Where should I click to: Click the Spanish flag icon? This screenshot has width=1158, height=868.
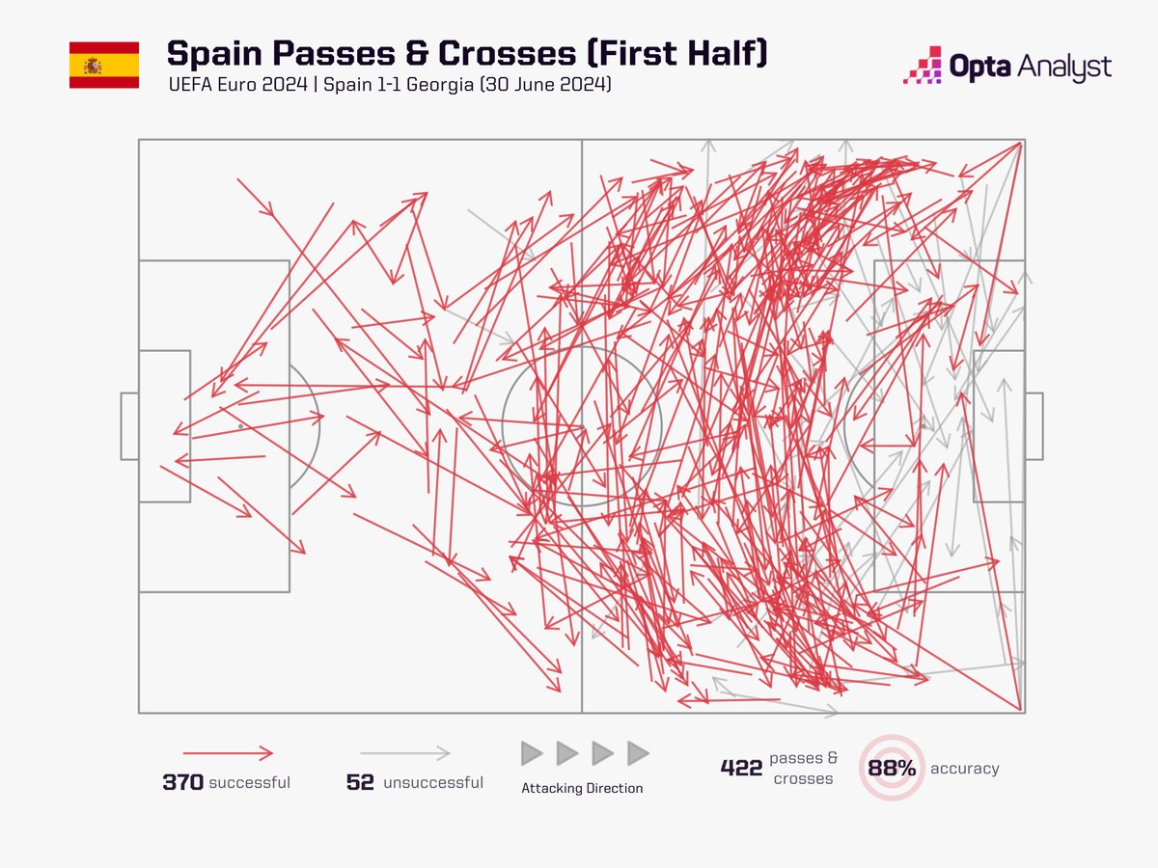tap(103, 66)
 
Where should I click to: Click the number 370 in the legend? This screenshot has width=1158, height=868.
tap(182, 782)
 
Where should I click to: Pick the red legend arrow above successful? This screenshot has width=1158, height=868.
tap(228, 753)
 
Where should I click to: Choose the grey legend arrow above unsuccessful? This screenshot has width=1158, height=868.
tap(405, 753)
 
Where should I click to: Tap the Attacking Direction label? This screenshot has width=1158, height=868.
tap(582, 788)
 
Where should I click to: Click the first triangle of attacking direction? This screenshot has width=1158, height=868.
tap(531, 753)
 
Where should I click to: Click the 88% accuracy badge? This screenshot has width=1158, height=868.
tap(892, 769)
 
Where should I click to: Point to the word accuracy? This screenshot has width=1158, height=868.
tap(964, 769)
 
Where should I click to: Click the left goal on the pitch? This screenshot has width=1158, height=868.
tap(129, 425)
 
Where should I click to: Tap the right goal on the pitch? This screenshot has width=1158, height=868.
tap(1034, 425)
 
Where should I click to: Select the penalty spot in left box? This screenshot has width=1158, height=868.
tap(239, 425)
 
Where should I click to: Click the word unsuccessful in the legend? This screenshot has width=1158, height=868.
tap(433, 782)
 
